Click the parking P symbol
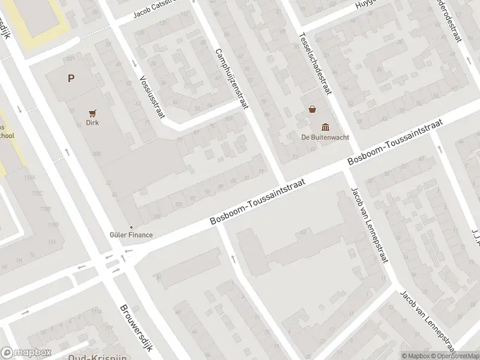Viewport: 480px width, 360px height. click(71, 78)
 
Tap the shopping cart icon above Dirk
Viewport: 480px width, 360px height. click(92, 112)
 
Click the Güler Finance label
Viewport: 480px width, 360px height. click(131, 235)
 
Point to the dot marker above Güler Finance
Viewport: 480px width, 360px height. click(131, 227)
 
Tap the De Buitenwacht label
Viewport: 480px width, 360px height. click(326, 136)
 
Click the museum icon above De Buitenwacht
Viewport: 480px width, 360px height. click(326, 126)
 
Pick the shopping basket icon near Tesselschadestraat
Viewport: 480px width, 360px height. click(312, 109)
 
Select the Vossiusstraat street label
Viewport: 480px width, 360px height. click(151, 97)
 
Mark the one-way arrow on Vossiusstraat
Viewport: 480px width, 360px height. click(134, 64)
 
